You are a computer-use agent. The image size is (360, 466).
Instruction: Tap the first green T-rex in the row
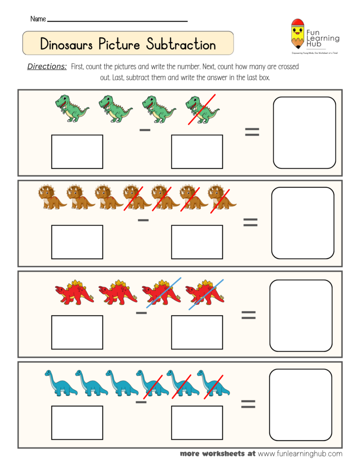(x=72, y=108)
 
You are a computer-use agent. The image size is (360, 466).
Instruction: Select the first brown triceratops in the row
(x=52, y=197)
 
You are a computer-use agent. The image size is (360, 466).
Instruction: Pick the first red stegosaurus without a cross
(x=74, y=292)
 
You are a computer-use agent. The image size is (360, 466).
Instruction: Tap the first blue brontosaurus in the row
(x=61, y=382)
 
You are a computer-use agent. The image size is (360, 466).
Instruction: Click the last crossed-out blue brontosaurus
(x=213, y=382)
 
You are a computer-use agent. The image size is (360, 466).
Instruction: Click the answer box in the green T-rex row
(x=304, y=132)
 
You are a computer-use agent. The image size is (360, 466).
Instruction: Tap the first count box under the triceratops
(x=77, y=242)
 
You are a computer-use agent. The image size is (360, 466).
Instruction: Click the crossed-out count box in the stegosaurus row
(x=197, y=332)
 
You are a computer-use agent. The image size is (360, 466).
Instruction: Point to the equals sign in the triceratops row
(x=250, y=223)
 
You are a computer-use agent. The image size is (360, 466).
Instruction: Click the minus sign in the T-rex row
(x=145, y=131)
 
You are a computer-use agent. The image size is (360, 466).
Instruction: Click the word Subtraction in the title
(x=181, y=45)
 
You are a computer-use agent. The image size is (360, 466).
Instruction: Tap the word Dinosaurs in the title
(x=67, y=45)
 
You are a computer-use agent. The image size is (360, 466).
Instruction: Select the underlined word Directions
(x=47, y=66)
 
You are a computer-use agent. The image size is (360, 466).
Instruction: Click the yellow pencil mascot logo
(x=298, y=34)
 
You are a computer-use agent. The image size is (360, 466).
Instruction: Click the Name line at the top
(x=117, y=20)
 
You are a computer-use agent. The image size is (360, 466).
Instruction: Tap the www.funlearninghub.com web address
(x=300, y=453)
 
